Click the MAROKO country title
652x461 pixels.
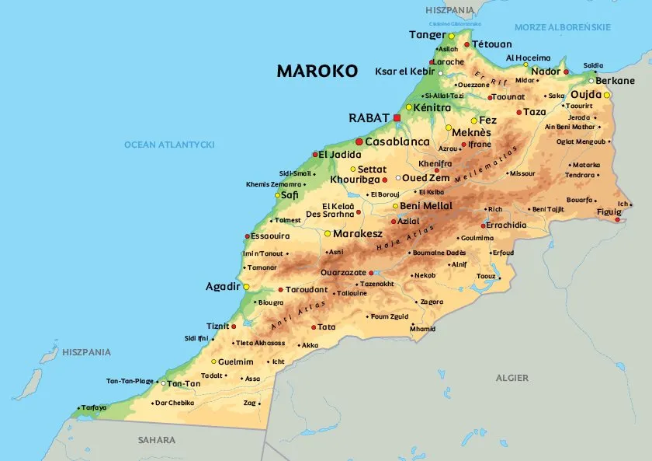(317, 72)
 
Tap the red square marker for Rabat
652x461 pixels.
(397, 117)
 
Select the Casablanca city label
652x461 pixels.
(397, 142)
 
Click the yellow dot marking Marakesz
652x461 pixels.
(328, 233)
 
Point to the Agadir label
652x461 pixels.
(223, 287)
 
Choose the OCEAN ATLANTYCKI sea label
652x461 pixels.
(169, 145)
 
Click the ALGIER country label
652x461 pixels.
(512, 378)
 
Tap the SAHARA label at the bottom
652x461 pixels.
(157, 440)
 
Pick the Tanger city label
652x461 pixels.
(427, 35)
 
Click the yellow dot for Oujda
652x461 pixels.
(607, 96)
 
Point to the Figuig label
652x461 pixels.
(609, 211)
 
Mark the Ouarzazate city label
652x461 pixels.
(343, 273)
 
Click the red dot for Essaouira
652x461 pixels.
(248, 236)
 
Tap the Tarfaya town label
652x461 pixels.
(94, 407)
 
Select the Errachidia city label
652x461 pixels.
(506, 225)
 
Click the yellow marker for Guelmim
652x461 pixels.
(213, 361)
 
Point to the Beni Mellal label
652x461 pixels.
(426, 205)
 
